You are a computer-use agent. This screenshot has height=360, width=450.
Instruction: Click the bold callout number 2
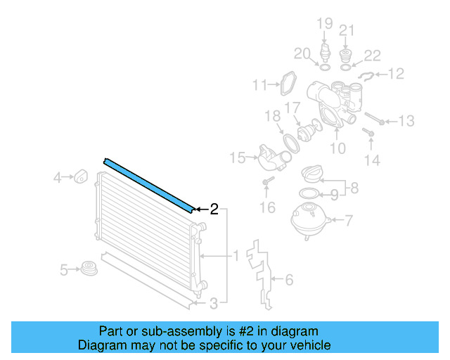coord(214,209)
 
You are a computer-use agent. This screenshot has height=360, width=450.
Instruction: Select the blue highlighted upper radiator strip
coord(149,184)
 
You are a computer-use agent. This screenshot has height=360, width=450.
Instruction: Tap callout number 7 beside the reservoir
coord(349,220)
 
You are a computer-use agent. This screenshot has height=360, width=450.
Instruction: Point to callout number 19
coord(324,25)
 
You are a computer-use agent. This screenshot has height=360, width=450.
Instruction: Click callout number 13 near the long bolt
coord(406,122)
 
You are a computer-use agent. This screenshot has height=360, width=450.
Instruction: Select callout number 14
coord(371,160)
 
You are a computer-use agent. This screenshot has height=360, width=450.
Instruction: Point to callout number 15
coord(237,156)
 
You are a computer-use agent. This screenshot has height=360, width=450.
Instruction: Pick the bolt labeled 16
coord(266,184)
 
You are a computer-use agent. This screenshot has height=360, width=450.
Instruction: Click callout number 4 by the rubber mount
coord(58,179)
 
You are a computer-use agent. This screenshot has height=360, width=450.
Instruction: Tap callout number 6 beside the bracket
coord(288,281)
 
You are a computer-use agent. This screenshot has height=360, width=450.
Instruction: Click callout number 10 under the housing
coord(337,148)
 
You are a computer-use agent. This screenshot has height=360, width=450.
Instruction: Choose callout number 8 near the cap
coord(354,188)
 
